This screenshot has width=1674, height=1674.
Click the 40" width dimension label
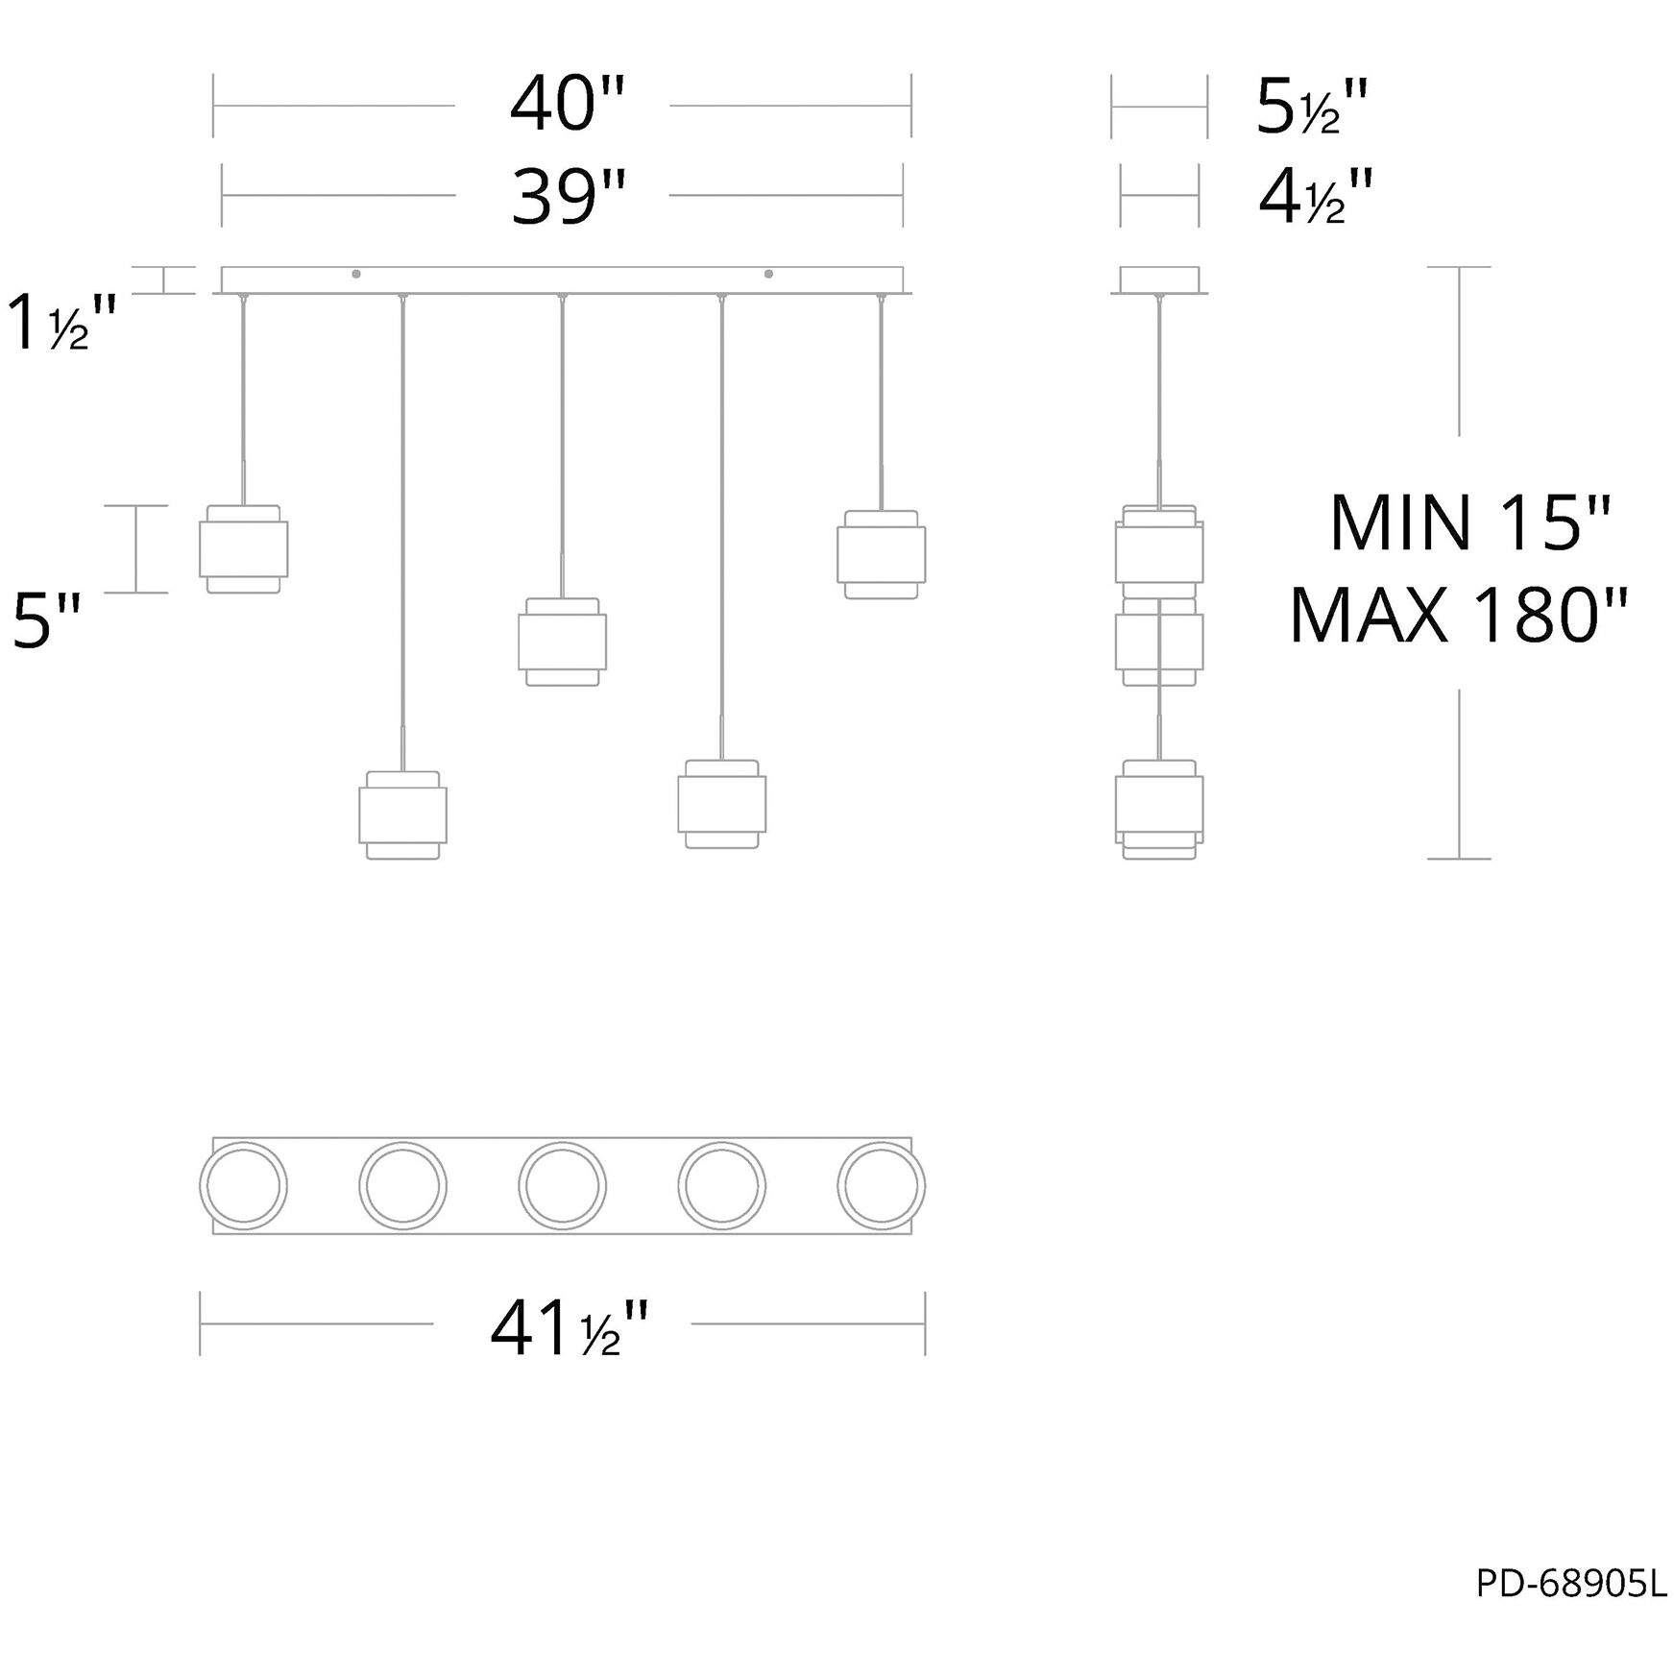coord(567,106)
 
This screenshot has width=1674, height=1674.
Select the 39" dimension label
coord(568,197)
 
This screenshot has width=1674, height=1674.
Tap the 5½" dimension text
coord(1312,107)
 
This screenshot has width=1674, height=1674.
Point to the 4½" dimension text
coord(1316,197)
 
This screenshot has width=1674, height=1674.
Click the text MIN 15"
coord(1468,523)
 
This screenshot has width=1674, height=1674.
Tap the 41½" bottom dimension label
coord(570,1329)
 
